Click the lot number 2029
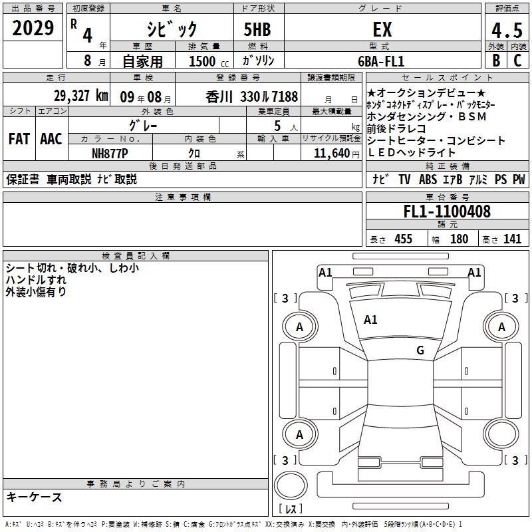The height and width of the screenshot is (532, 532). (x=33, y=28)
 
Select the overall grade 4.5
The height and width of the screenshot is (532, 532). (x=507, y=30)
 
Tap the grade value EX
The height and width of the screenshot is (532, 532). (x=382, y=29)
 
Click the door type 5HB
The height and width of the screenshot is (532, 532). (x=257, y=29)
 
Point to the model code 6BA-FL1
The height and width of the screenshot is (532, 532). (x=381, y=61)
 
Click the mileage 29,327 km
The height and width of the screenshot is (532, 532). (x=80, y=96)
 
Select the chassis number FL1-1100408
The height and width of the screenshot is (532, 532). (x=447, y=211)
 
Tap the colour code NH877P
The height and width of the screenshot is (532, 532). (x=110, y=154)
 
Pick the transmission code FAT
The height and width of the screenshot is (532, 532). (x=19, y=139)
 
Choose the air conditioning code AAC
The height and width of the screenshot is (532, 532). (x=51, y=139)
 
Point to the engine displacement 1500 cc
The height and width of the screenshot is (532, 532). (x=209, y=61)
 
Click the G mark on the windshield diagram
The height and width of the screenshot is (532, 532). (x=420, y=350)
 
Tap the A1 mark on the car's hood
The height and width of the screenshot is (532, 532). (x=370, y=320)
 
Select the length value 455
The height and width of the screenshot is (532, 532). (x=404, y=239)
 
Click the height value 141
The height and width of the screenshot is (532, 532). (x=512, y=239)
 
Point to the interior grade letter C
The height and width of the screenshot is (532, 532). (x=517, y=61)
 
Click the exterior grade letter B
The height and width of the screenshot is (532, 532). (x=496, y=61)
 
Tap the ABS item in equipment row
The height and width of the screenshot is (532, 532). (x=428, y=180)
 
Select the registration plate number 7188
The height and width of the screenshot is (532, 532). (x=284, y=97)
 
